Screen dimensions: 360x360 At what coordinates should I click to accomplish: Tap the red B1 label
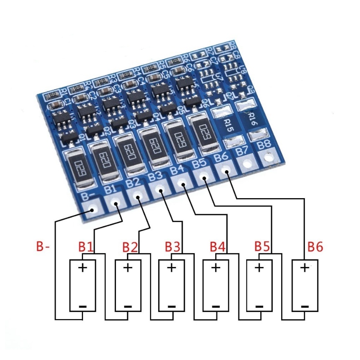86,247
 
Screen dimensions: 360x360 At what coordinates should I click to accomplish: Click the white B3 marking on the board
155,176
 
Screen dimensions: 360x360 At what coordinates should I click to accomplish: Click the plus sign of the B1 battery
83,267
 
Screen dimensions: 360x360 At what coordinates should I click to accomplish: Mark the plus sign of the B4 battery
215,267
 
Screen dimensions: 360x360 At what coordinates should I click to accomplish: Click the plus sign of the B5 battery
259,267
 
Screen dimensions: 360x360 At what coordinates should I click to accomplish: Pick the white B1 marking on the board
111,190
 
